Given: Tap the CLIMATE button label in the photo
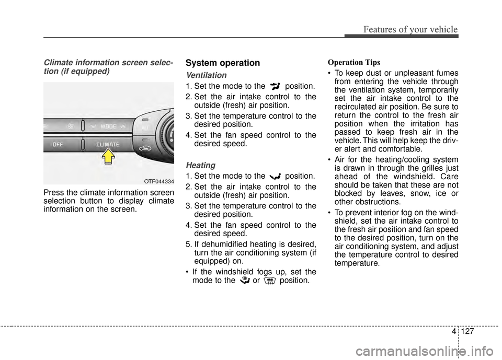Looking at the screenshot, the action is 108,144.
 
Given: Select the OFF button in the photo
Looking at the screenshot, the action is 58,145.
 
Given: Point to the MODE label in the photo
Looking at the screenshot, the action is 108,126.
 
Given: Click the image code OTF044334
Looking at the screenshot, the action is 159,181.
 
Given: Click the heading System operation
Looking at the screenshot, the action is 223,63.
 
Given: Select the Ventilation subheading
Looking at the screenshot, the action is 206,75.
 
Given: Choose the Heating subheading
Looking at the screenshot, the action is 200,165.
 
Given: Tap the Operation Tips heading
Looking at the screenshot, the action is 354,62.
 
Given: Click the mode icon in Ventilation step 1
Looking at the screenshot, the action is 275,86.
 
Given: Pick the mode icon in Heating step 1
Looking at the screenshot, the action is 275,176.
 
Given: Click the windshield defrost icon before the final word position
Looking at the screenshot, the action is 270,281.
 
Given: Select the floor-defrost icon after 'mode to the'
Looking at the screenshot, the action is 245,281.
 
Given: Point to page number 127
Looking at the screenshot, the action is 467,331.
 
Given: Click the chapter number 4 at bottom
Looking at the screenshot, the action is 454,331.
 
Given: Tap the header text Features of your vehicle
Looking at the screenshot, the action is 410,29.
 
